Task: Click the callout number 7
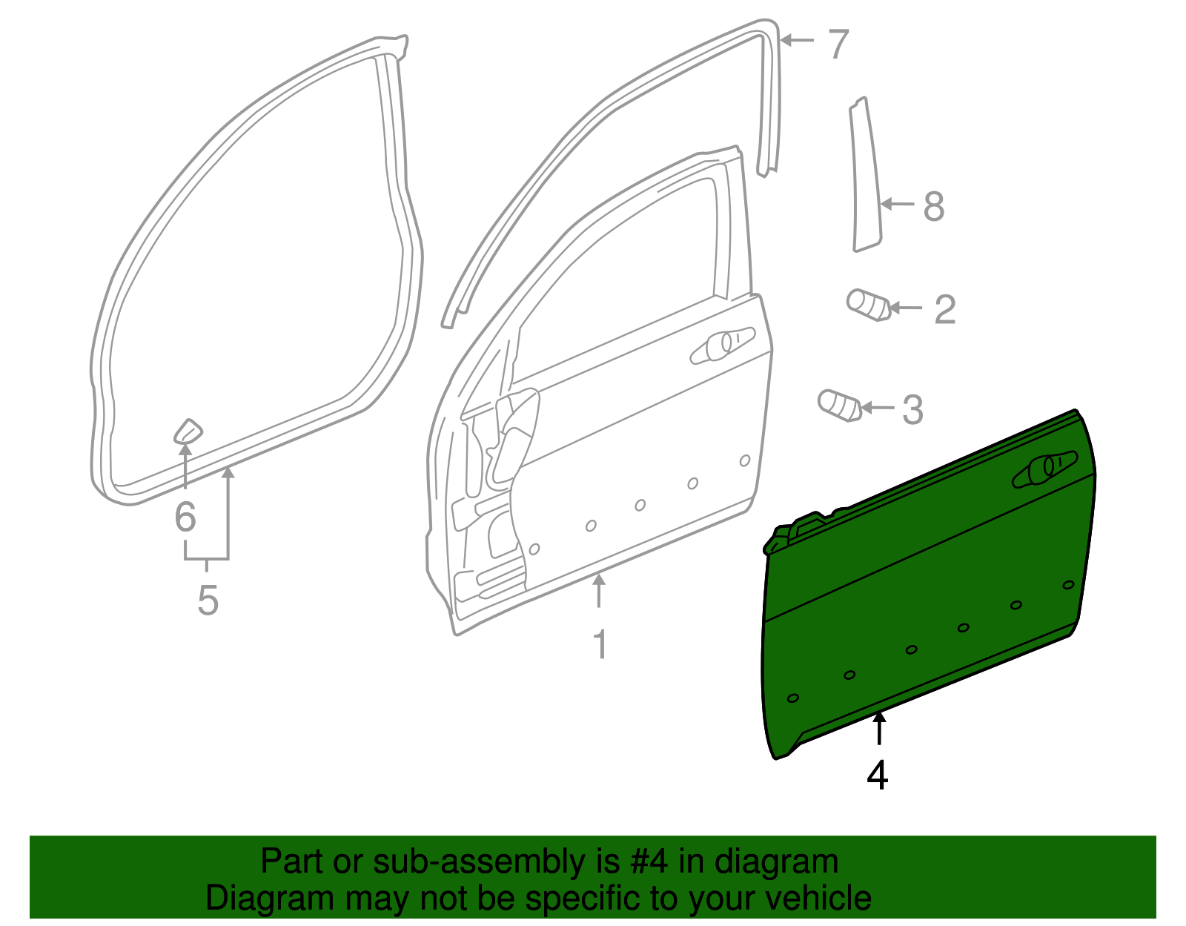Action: [x=838, y=44]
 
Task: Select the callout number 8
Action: [x=933, y=206]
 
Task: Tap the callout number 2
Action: [x=944, y=309]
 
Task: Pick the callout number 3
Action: [x=912, y=410]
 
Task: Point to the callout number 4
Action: [x=878, y=776]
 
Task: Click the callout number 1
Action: [x=600, y=645]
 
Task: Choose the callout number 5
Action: [x=208, y=601]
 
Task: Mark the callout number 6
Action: [x=185, y=517]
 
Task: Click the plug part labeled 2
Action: [x=867, y=304]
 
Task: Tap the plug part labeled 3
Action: [x=839, y=405]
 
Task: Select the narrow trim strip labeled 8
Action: [x=865, y=178]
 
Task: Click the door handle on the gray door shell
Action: [x=721, y=346]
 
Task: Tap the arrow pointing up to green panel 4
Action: [x=879, y=727]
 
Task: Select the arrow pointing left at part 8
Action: [x=897, y=204]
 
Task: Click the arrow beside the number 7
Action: [x=796, y=40]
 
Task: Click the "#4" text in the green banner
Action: [x=649, y=862]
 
